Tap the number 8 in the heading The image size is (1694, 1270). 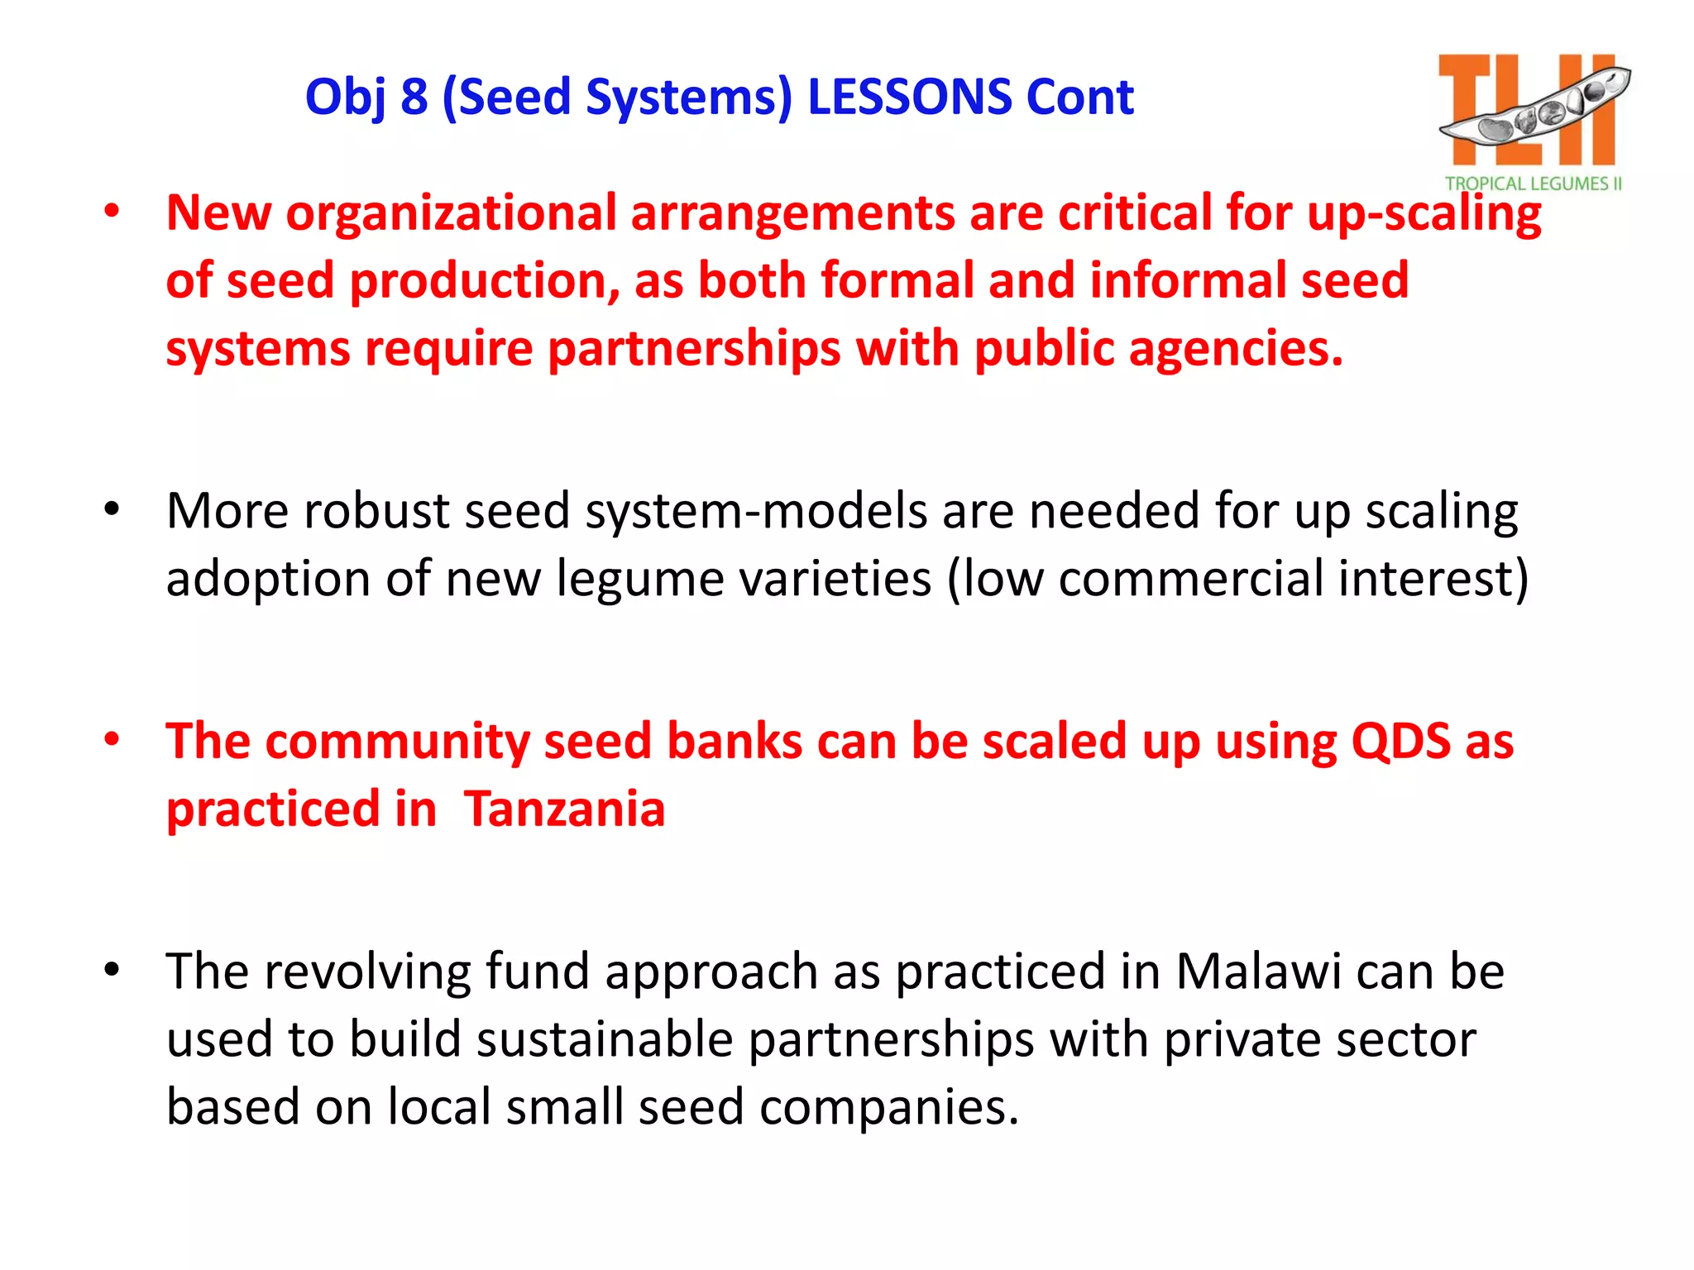pos(414,97)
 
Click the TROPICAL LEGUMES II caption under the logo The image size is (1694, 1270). pos(1534,184)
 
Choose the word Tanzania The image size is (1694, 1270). pos(564,809)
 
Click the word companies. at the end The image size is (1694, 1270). pos(889,1107)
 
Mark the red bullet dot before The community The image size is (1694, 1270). pos(112,739)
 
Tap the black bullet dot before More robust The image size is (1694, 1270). pos(112,509)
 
